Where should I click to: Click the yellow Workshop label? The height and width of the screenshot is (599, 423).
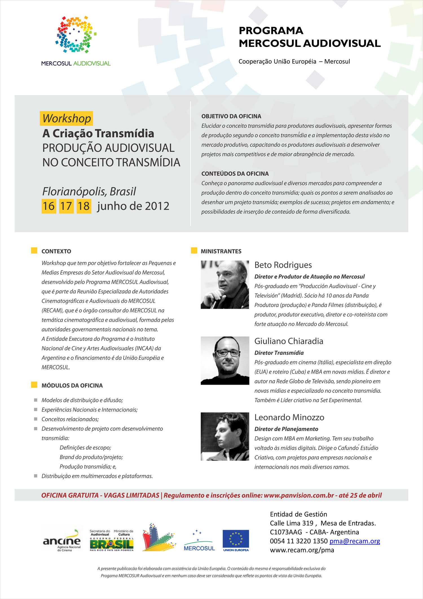(67, 118)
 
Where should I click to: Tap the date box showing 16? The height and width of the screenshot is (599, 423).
(49, 206)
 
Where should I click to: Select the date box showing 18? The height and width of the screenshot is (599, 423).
(84, 206)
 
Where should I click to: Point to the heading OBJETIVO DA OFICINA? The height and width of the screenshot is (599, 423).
(231, 116)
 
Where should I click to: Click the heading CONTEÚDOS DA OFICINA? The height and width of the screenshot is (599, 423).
(235, 174)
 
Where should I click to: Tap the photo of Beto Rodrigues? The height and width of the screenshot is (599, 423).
(225, 285)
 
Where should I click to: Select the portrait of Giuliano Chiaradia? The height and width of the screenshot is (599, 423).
(225, 361)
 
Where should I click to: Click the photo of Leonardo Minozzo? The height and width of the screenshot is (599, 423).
(225, 437)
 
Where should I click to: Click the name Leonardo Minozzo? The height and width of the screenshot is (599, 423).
(289, 417)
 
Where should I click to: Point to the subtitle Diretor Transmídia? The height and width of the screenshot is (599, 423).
(279, 353)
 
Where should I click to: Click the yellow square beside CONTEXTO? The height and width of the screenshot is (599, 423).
(34, 251)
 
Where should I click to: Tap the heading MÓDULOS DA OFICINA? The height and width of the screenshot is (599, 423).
(72, 385)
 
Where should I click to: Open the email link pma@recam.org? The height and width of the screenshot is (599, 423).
(354, 541)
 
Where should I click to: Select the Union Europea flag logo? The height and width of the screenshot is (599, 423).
(236, 541)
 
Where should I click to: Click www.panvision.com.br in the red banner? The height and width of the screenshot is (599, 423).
(299, 495)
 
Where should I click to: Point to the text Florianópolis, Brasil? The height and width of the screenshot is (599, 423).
(89, 191)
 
